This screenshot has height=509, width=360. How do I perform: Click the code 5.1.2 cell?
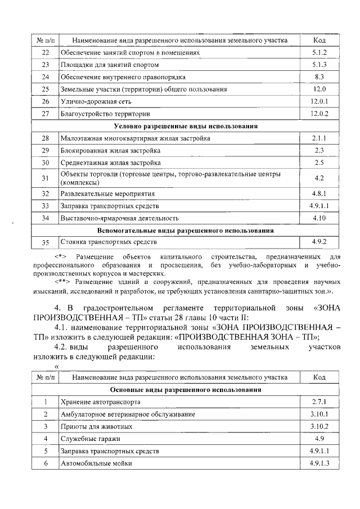coord(319,52)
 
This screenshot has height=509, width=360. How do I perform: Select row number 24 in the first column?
coord(46,76)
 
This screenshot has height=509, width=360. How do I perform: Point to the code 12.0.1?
coord(319,101)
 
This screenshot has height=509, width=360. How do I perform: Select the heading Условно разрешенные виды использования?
coord(186,126)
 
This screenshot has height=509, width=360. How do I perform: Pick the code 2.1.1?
coord(319,138)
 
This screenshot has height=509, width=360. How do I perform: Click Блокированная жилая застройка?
coord(111,151)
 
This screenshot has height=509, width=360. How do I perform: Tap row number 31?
coord(46,178)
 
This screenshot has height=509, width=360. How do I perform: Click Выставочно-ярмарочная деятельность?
coord(120,218)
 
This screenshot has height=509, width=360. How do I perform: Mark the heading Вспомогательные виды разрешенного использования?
coord(186,230)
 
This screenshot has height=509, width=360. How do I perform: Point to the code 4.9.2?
coord(319,242)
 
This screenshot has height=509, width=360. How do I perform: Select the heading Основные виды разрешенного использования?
coord(186,390)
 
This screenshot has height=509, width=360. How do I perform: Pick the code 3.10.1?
coord(319,415)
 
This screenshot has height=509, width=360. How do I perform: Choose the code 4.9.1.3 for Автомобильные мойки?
coord(319,463)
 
